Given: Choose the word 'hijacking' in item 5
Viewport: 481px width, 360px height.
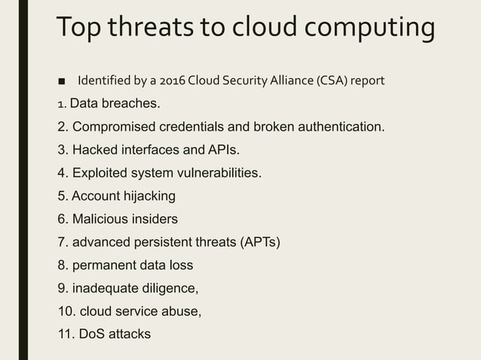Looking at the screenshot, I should (x=148, y=196).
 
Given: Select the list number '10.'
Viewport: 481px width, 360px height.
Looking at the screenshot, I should (x=66, y=310).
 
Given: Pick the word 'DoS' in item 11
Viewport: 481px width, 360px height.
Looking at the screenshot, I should (x=90, y=333).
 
